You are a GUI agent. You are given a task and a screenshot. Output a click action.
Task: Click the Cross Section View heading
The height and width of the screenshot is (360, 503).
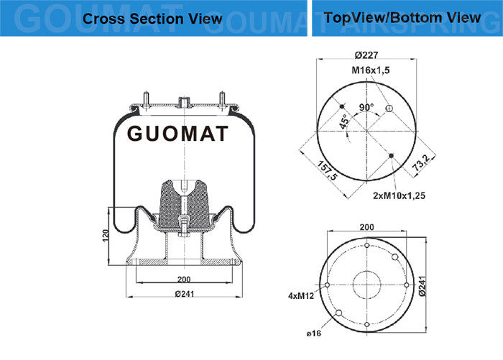(x=152, y=19)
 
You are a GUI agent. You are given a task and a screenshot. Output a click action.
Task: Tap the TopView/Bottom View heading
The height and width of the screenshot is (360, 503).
(x=402, y=17)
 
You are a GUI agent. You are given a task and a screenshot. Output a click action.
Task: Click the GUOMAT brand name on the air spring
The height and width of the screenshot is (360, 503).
(x=177, y=134)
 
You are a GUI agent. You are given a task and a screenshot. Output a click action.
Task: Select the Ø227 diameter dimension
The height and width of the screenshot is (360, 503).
(x=366, y=55)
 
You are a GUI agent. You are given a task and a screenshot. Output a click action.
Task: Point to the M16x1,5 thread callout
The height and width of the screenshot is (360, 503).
(x=371, y=70)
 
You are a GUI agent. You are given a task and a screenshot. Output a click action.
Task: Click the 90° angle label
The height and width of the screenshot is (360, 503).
(x=366, y=107)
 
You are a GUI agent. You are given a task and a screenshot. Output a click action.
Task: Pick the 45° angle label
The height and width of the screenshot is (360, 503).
(x=344, y=121)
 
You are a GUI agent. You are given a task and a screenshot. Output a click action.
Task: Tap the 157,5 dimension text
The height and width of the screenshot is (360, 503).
(x=328, y=170)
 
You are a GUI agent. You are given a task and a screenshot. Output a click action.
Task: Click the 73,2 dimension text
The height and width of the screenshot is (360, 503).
(x=420, y=162)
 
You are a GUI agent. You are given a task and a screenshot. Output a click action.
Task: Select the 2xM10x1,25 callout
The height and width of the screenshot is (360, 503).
(x=399, y=195)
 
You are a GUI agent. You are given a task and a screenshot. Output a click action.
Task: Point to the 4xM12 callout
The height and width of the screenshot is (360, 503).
(x=301, y=295)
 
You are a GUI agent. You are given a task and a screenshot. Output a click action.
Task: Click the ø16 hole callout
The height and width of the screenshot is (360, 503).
(x=313, y=333)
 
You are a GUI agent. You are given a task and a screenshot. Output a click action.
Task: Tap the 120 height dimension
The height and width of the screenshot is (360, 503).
(x=106, y=236)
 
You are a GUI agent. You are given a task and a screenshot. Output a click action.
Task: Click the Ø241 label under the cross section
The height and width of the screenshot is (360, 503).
(x=185, y=294)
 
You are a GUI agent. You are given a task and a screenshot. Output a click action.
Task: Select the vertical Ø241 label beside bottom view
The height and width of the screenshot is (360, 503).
(x=423, y=286)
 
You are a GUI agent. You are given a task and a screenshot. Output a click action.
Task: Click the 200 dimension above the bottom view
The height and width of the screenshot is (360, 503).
(x=366, y=227)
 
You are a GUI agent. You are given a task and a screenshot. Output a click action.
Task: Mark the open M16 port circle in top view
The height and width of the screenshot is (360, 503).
(x=389, y=108)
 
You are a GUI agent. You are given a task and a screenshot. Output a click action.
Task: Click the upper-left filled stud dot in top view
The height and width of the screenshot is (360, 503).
(x=342, y=106)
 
